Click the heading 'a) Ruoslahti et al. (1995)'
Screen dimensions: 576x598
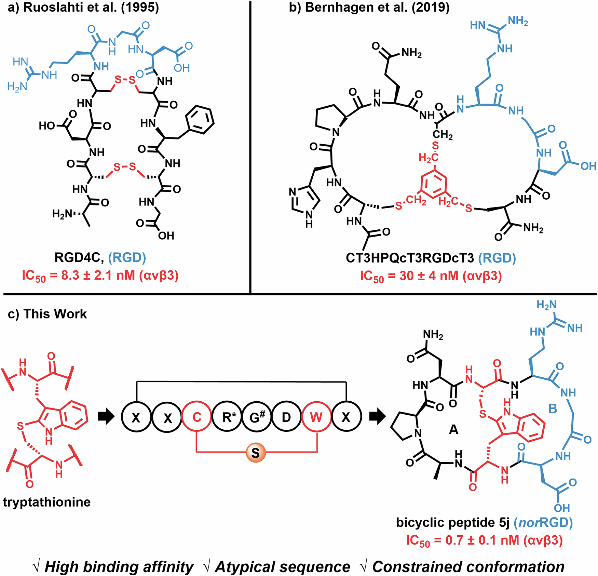(x=83, y=8)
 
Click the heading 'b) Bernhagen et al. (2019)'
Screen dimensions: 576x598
(x=369, y=8)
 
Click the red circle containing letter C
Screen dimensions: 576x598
(x=197, y=417)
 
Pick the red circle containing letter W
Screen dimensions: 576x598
(x=316, y=417)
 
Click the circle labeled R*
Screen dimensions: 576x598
(x=227, y=417)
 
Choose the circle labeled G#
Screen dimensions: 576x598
(x=257, y=417)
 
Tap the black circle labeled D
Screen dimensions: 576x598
(x=286, y=417)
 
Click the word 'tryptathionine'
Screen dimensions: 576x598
(x=47, y=502)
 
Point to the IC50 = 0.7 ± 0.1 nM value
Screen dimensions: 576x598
(x=484, y=540)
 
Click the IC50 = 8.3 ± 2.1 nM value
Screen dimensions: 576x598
(x=100, y=276)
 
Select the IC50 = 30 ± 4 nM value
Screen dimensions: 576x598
(x=431, y=276)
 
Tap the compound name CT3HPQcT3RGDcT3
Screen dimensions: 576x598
(x=410, y=258)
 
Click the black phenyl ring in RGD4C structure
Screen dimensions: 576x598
(x=200, y=120)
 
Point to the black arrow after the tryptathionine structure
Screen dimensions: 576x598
(x=106, y=417)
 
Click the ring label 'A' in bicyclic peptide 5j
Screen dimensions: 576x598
(x=453, y=429)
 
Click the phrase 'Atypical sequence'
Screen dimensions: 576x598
(x=282, y=567)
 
